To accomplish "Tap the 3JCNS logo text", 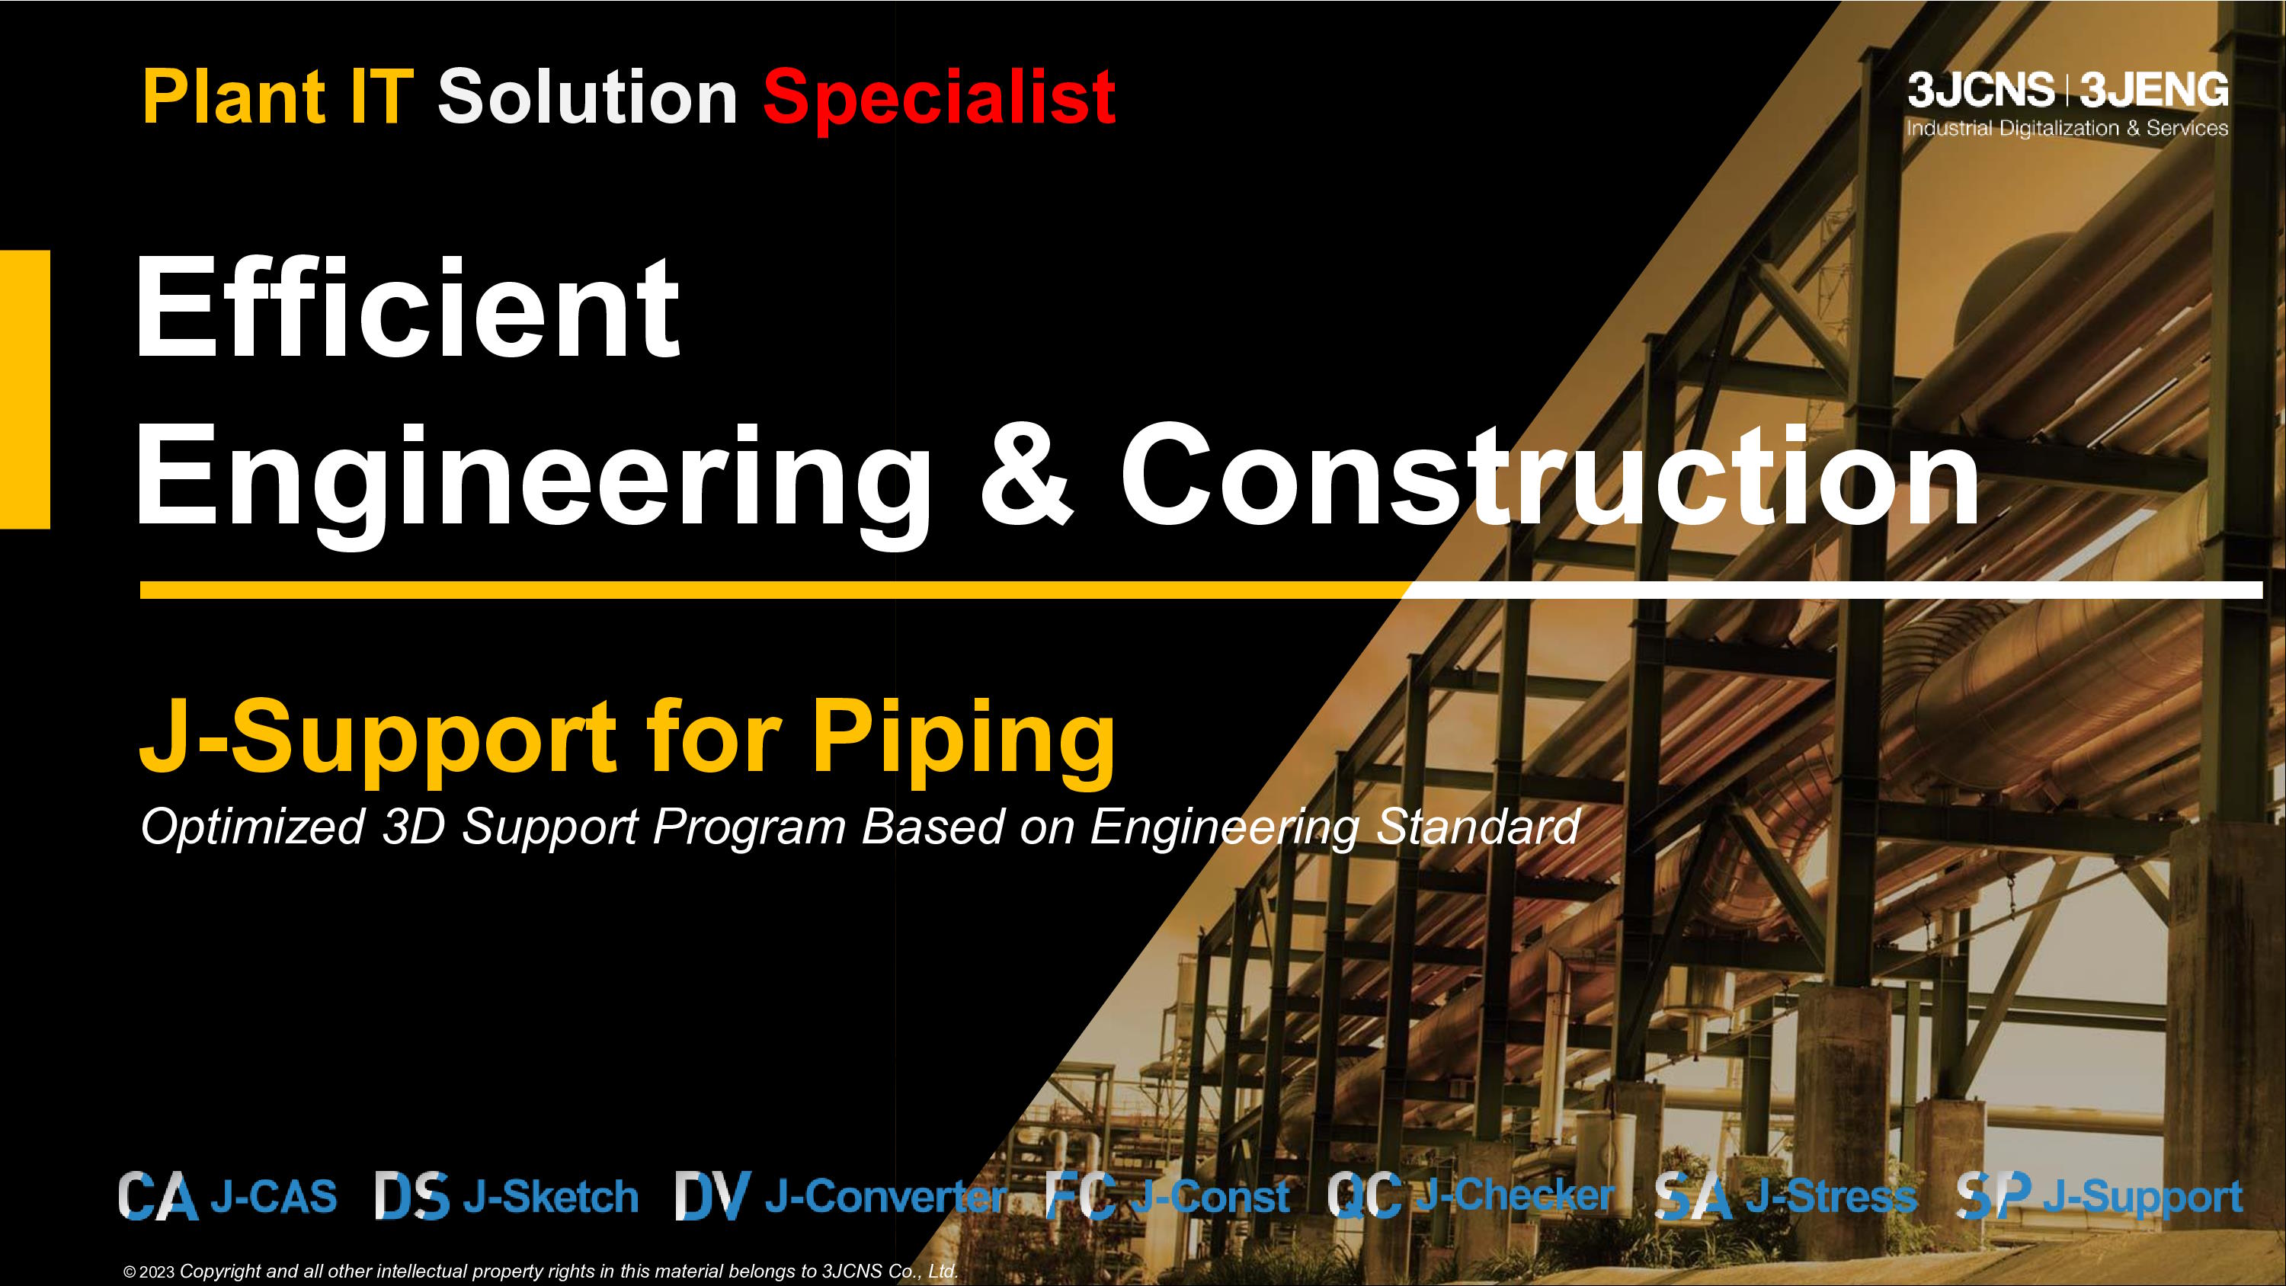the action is pyautogui.click(x=1980, y=90).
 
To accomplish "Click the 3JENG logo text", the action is pyautogui.click(x=2153, y=90).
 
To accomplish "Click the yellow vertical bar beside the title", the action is pyautogui.click(x=25, y=389).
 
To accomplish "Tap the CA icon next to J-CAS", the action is pyautogui.click(x=158, y=1195).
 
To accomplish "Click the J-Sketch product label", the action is pyautogui.click(x=550, y=1196).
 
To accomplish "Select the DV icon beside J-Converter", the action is pyautogui.click(x=712, y=1195).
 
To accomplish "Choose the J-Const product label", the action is pyautogui.click(x=1212, y=1196).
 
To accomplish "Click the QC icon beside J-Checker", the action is pyautogui.click(x=1365, y=1195).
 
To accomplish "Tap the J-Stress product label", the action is pyautogui.click(x=1832, y=1196).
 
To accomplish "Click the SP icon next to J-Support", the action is pyautogui.click(x=1994, y=1195).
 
